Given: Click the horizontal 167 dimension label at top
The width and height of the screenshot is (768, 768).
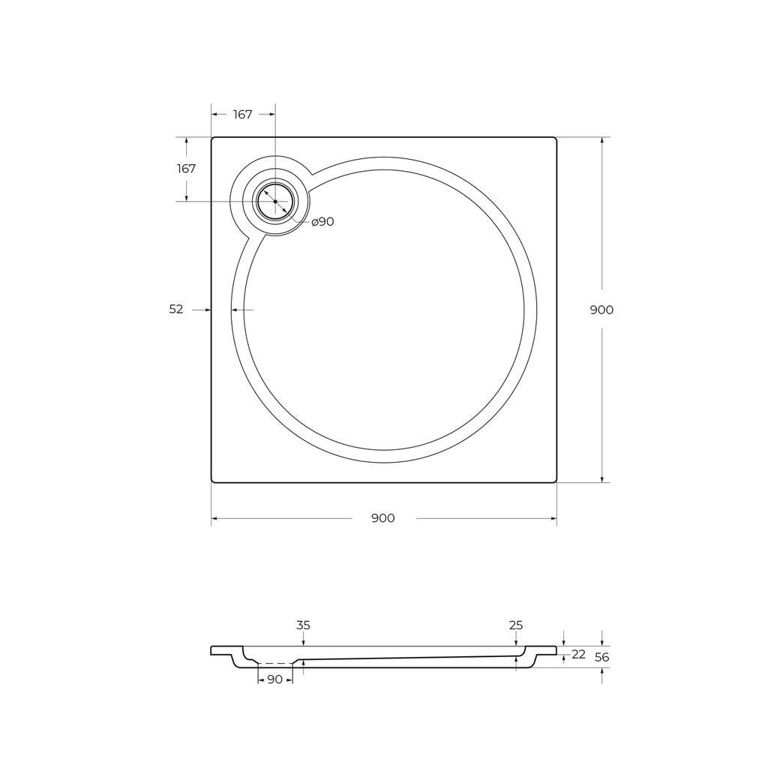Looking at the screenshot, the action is tap(242, 114).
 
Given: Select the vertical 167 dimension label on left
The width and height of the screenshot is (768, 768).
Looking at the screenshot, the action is tap(186, 169).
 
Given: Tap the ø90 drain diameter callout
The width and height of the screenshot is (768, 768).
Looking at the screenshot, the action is tap(322, 221).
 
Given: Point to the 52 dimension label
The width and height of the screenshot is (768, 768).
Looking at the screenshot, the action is tap(175, 309).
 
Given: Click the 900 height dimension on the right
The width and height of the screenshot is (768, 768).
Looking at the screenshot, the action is tap(601, 310).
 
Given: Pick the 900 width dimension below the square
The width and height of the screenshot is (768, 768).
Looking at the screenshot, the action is tap(383, 518).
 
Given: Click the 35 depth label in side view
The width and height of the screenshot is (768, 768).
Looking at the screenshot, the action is tap(303, 625).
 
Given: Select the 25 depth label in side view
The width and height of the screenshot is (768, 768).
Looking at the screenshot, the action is tap(516, 625).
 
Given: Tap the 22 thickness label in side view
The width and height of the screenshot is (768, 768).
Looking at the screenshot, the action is tap(578, 654).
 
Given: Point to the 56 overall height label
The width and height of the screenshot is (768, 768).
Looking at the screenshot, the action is tap(602, 657).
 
